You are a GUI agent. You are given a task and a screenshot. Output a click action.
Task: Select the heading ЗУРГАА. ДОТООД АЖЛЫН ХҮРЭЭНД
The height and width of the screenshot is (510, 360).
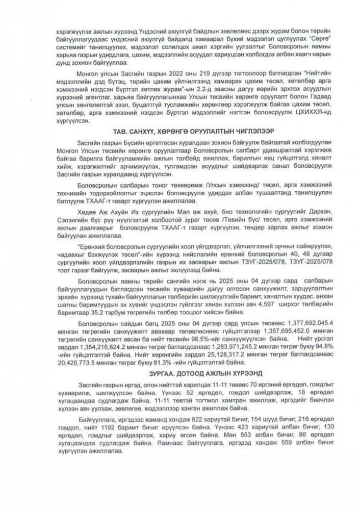(x=179, y=373)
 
